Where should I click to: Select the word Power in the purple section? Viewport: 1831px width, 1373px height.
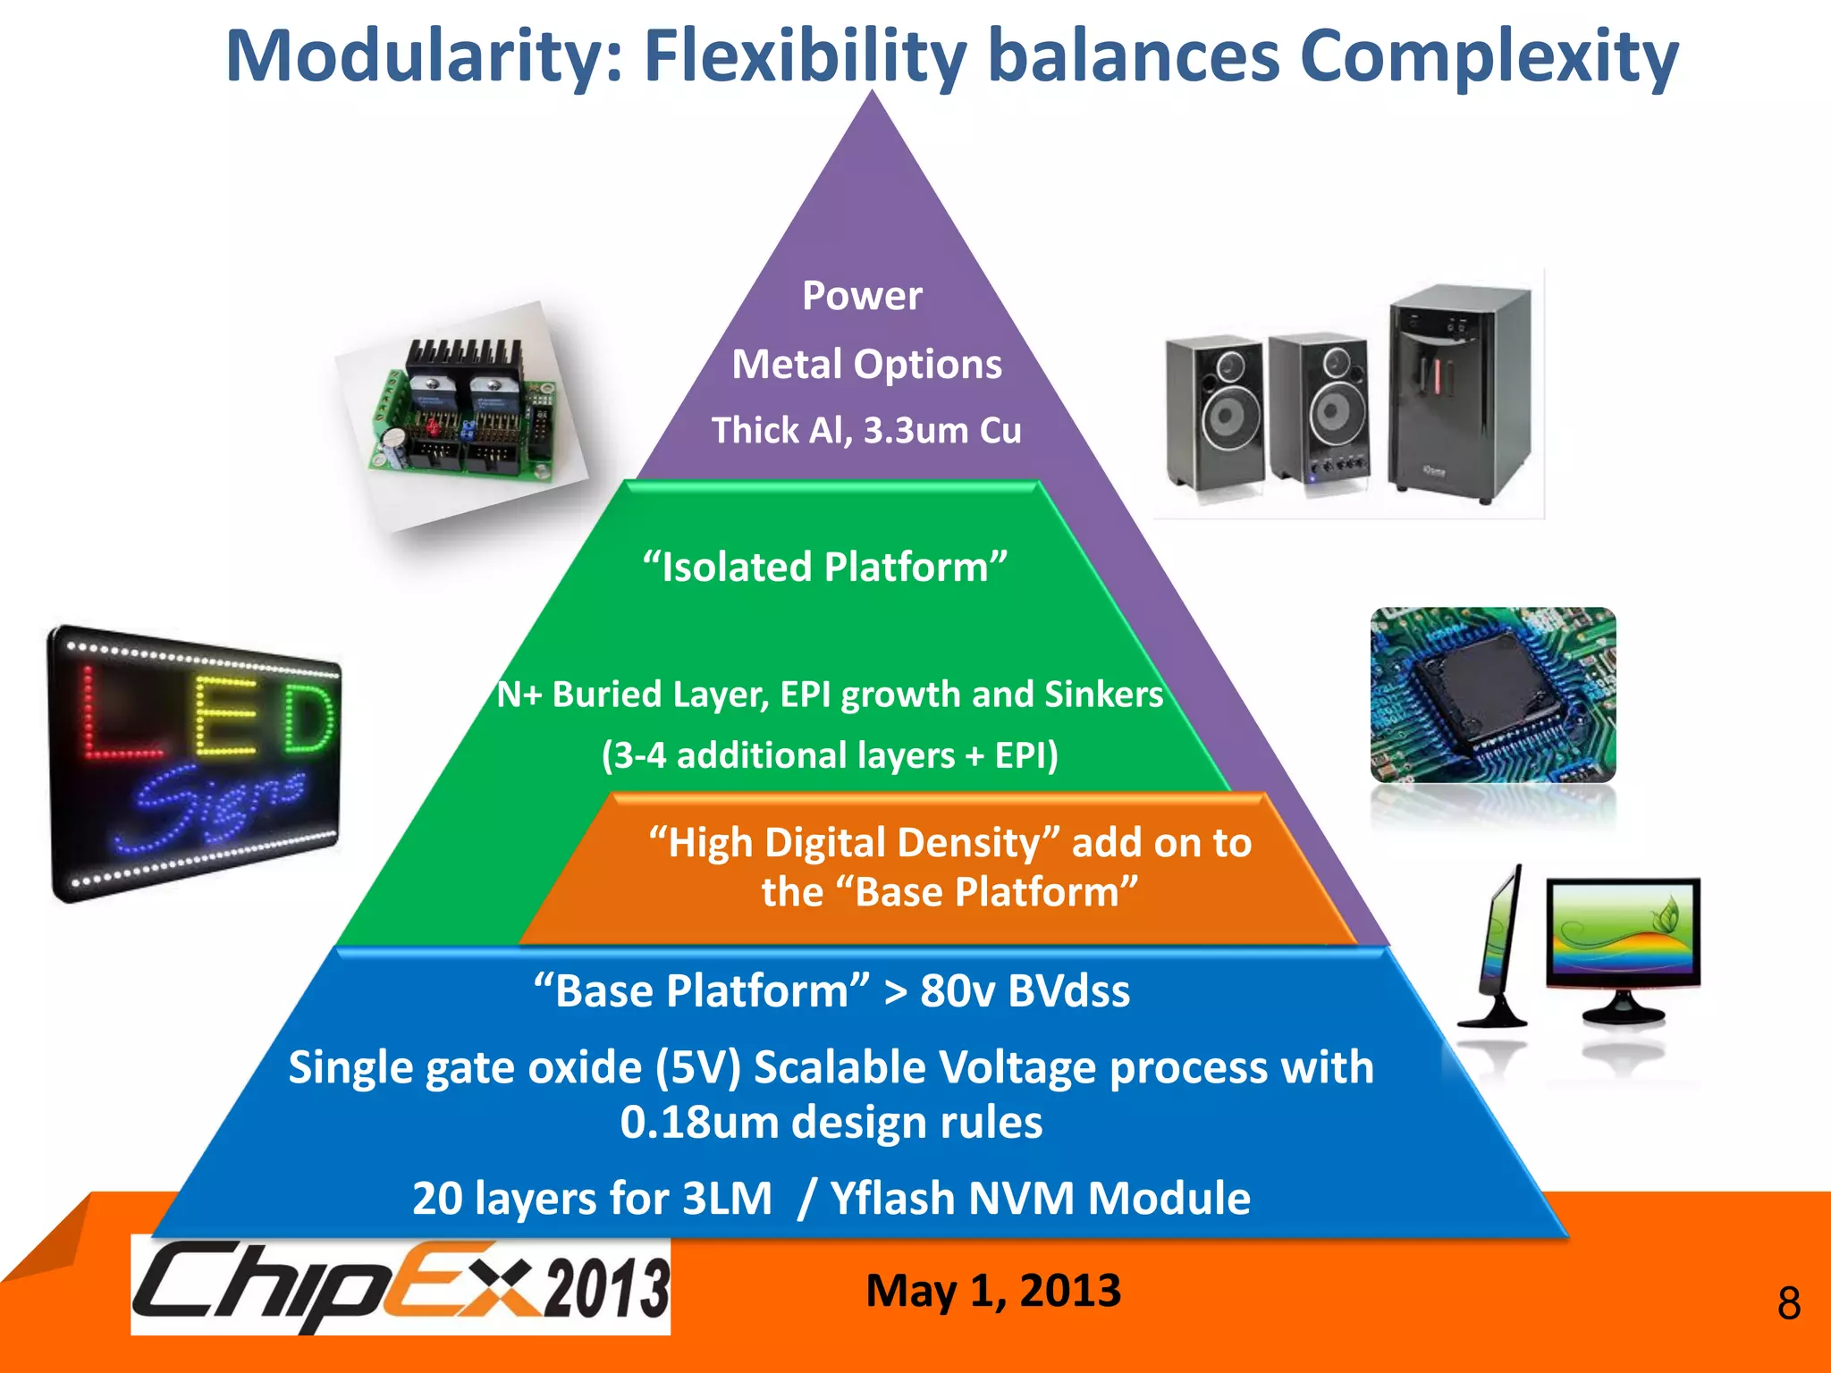(862, 295)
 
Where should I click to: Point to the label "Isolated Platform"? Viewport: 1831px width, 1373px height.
(825, 567)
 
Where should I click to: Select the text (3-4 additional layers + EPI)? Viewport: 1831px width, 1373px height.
(830, 755)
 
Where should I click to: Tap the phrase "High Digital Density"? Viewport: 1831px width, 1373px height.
(854, 843)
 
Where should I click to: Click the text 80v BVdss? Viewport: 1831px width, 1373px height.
(1025, 991)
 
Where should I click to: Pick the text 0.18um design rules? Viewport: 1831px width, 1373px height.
(831, 1123)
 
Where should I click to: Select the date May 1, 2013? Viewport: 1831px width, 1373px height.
(992, 1291)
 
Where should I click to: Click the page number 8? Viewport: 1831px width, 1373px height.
(1788, 1303)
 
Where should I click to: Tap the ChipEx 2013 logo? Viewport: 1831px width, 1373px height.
(401, 1285)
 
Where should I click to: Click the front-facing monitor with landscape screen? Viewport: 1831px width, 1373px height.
(1623, 948)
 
